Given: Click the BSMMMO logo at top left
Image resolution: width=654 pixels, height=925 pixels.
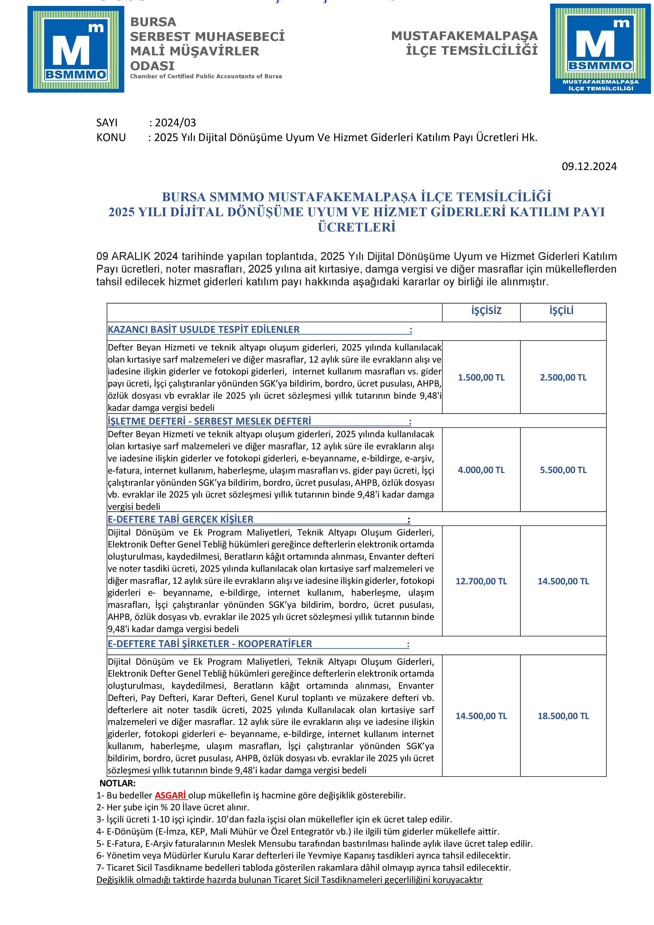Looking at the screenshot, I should pos(76,49).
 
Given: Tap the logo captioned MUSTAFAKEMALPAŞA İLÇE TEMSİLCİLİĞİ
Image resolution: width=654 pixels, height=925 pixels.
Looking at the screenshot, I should pos(600,49).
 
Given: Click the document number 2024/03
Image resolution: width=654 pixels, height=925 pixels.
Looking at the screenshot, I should pos(175,122).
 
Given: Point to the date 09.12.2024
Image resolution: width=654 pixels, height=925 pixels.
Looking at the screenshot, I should pos(589,166).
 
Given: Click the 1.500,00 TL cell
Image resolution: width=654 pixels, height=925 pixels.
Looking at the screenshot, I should pos(481,378).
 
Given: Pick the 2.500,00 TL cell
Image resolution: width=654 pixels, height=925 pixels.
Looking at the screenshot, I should pos(563,378).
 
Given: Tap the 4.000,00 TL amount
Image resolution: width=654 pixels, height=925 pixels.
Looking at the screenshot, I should pos(481,470).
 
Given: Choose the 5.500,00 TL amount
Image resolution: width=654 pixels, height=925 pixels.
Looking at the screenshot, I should pos(563,470).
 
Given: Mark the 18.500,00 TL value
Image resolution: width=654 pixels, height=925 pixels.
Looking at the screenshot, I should pos(563,716).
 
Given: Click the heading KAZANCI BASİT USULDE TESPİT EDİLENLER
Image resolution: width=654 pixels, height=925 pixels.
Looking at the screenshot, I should pos(203,330).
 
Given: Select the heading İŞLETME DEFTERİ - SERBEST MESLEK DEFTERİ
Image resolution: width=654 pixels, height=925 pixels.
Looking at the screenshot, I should pos(209,421).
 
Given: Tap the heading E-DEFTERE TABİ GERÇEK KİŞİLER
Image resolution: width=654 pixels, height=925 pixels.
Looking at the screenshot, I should pos(180,519).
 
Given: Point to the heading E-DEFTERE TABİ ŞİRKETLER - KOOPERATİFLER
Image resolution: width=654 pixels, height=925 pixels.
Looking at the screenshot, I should pos(209,644).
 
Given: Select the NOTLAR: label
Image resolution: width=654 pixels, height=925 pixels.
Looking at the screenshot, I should pos(118,783).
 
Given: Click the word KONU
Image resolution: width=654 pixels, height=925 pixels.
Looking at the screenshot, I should pos(111,137).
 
